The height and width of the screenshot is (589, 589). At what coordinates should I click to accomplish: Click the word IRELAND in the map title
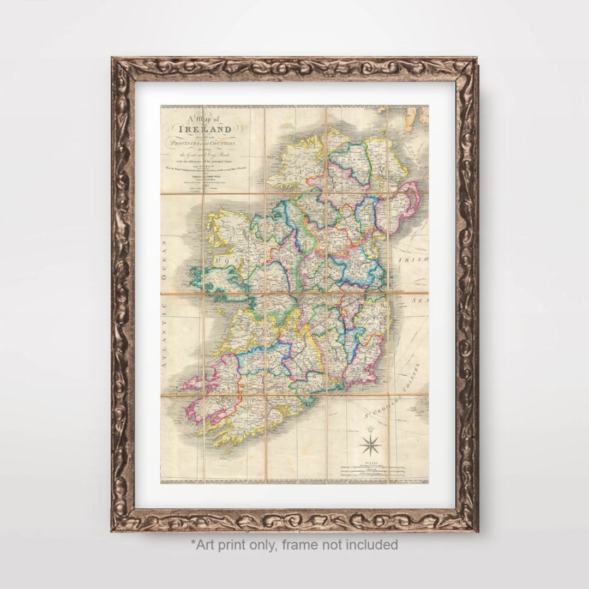pos(208,129)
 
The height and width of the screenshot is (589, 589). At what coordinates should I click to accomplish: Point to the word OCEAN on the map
pos(164,269)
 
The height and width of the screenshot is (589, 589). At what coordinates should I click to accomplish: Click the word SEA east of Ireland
pos(420,300)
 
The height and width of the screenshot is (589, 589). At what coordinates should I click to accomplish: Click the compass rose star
pos(370,443)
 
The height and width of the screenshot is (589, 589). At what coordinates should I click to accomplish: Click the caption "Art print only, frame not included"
pos(294,544)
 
